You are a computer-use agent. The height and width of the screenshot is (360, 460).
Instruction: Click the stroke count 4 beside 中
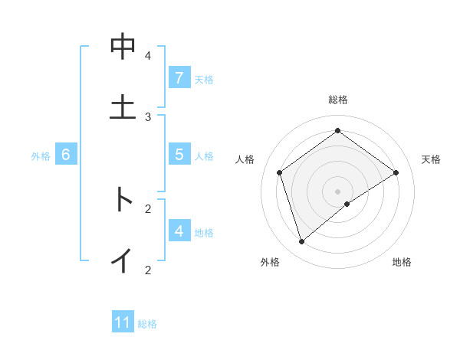point(148,56)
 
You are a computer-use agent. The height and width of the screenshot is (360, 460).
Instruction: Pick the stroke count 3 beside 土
point(148,116)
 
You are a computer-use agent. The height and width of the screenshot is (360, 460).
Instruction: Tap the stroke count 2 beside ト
point(148,208)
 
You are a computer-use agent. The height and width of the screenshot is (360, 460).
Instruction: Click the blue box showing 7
point(179,78)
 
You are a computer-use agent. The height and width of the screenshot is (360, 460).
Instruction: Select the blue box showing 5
point(179,155)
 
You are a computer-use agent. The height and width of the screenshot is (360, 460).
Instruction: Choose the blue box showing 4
point(179,231)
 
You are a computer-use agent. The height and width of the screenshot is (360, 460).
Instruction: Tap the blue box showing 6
point(66,155)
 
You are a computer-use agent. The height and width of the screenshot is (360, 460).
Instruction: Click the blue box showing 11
point(123,322)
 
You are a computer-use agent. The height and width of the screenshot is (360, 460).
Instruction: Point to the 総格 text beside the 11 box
point(147,324)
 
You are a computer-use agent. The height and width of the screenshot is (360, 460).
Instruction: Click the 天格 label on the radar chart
point(431,159)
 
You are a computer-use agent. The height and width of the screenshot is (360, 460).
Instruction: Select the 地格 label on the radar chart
point(402,263)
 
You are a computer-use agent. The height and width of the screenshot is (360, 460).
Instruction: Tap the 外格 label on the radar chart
point(270,263)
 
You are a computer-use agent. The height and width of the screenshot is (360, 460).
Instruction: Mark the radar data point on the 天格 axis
point(396,172)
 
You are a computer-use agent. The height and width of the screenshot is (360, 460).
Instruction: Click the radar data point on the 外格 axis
point(301,242)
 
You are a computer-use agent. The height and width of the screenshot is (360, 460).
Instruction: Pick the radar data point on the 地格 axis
point(347,204)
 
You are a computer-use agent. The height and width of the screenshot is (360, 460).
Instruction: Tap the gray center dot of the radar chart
point(337,190)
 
